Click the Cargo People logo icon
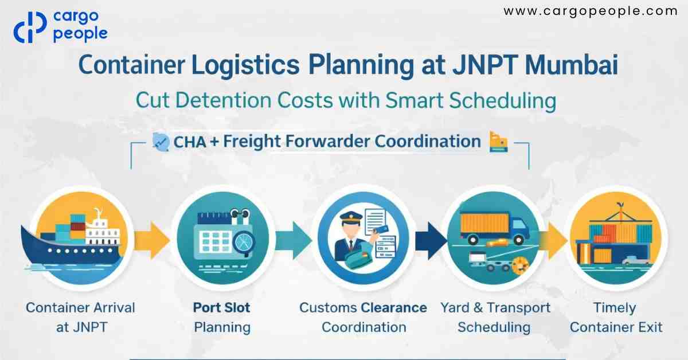pyautogui.click(x=30, y=27)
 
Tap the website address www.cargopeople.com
pyautogui.click(x=590, y=11)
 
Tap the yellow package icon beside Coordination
pyautogui.click(x=498, y=142)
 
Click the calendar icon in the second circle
pyautogui.click(x=214, y=237)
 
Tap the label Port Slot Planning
pyautogui.click(x=222, y=318)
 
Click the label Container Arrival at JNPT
pyautogui.click(x=80, y=318)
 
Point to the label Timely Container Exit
pyautogui.click(x=616, y=318)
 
